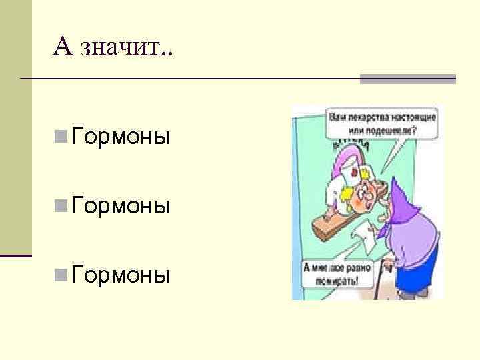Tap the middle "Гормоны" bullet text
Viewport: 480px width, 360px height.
pyautogui.click(x=121, y=205)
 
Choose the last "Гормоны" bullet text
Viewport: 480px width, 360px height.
pyautogui.click(x=121, y=274)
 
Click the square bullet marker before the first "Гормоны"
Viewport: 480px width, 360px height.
pyautogui.click(x=61, y=138)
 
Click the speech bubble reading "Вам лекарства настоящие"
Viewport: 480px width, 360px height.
pyautogui.click(x=382, y=123)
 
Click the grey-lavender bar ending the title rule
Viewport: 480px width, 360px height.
pyautogui.click(x=408, y=79)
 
